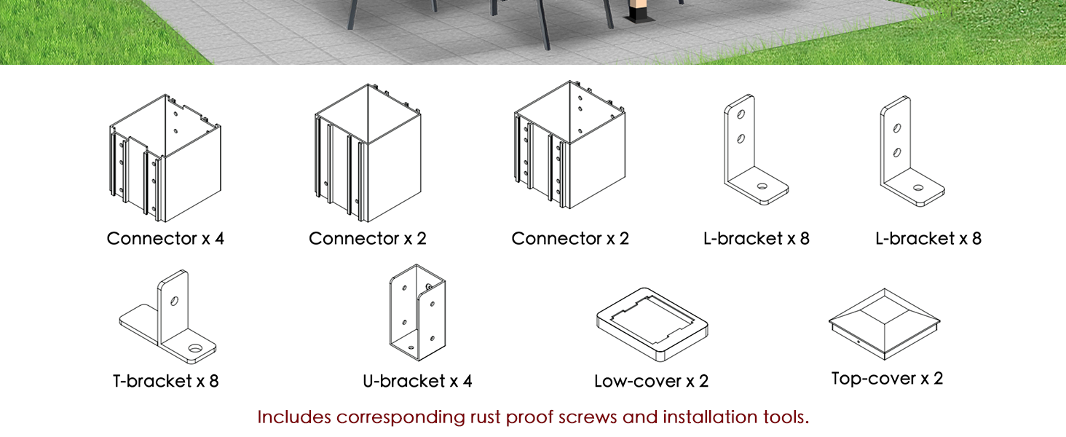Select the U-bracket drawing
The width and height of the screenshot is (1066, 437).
pos(418,312)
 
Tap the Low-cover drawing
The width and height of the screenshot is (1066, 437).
pos(652,323)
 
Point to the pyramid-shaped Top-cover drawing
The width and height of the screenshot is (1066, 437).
pos(884,323)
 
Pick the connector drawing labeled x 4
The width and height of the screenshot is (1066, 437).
pos(165,158)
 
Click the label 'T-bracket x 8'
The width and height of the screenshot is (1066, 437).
pos(165,381)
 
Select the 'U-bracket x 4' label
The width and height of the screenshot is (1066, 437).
pos(417,381)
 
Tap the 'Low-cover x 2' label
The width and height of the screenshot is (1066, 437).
pos(652,381)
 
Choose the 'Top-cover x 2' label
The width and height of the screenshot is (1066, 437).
pos(887,379)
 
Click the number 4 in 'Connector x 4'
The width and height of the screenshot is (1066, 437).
pos(219,238)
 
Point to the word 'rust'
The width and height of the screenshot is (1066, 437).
pos(486,418)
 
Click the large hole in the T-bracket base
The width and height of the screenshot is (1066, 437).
pos(195,348)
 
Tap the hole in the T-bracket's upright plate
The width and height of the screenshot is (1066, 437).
pos(174,301)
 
